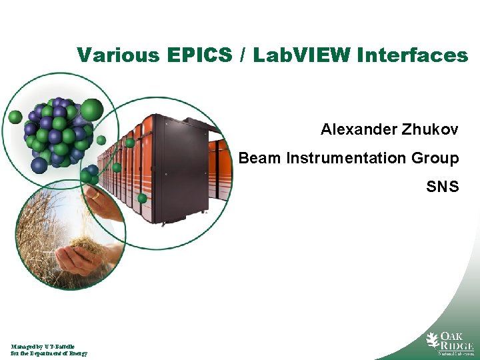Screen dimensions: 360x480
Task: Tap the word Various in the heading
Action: (117, 55)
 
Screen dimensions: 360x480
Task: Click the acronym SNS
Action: (443, 187)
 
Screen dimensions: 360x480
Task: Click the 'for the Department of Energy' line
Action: (49, 353)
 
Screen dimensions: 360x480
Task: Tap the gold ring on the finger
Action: (96, 196)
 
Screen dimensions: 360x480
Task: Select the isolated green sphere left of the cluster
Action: (15, 117)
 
